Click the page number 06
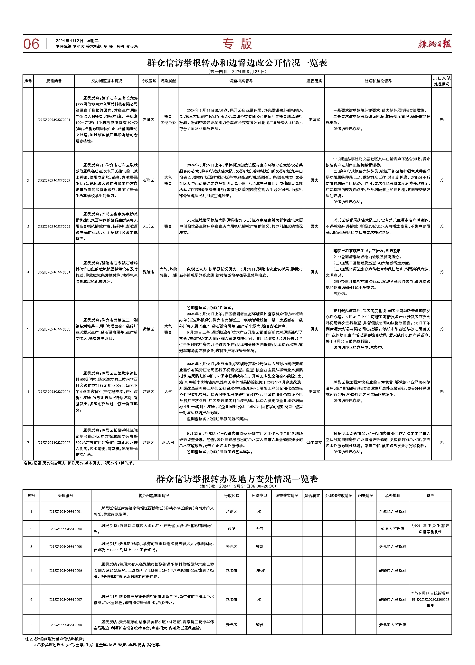coord(31,44)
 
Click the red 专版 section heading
coord(237,44)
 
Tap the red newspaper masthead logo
coord(434,44)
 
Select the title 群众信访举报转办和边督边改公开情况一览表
coord(237,63)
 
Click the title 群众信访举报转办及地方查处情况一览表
coord(237,479)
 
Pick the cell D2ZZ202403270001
coord(54,120)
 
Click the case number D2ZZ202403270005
coord(54,329)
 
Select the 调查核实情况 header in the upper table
coord(241,81)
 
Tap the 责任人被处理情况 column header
coord(442,81)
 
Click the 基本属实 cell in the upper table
coord(314,443)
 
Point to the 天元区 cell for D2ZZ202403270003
coord(148,226)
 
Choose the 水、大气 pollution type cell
coord(168,443)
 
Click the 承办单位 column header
coord(392,496)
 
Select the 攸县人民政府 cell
coord(392,529)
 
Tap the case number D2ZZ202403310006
coord(66,571)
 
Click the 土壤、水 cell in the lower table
coord(259,571)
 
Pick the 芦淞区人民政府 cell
coord(392,512)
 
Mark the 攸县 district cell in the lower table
coord(232,529)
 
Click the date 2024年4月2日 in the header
coord(70,41)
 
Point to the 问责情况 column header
coord(366,496)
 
